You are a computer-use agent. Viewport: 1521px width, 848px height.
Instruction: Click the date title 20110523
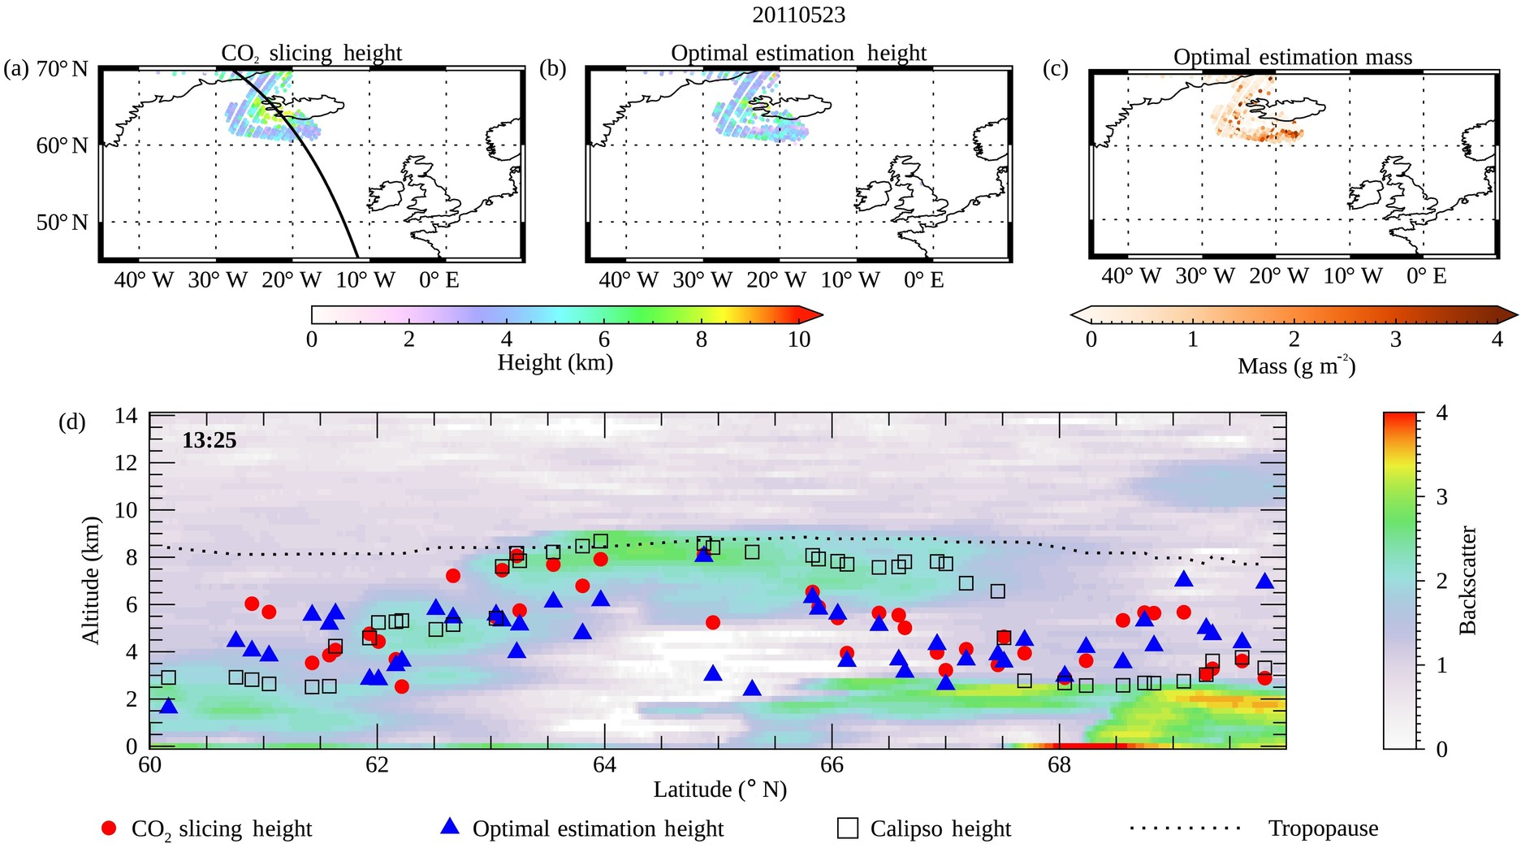click(799, 15)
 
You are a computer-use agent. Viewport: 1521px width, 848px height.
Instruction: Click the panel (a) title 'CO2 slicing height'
click(311, 54)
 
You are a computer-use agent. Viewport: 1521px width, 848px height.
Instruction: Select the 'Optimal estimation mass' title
click(1292, 57)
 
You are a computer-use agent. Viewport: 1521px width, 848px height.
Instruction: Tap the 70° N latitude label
click(62, 69)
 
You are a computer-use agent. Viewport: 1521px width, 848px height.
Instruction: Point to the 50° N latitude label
click(62, 223)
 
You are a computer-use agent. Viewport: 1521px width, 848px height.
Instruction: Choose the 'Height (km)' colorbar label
click(555, 362)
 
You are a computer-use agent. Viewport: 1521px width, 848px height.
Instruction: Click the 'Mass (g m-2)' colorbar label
click(1296, 366)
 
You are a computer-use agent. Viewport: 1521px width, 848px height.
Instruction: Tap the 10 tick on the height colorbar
click(798, 340)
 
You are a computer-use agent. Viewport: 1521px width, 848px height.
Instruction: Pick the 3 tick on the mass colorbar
click(1395, 340)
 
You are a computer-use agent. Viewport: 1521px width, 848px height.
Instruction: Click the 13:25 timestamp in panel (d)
click(209, 441)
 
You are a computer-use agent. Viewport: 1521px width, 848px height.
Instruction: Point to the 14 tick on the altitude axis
click(127, 417)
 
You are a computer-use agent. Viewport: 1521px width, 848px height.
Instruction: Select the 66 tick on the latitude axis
click(832, 764)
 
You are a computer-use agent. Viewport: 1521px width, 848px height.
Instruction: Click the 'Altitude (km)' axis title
click(90, 580)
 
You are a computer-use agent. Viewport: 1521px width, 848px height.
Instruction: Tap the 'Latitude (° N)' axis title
click(719, 790)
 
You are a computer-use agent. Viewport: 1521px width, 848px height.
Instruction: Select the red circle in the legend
click(109, 828)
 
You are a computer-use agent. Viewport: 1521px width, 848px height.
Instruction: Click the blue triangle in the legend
click(449, 827)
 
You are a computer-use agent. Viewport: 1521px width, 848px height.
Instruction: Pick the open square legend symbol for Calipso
click(848, 828)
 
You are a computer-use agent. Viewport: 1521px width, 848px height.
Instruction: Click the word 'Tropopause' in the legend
click(1323, 829)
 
